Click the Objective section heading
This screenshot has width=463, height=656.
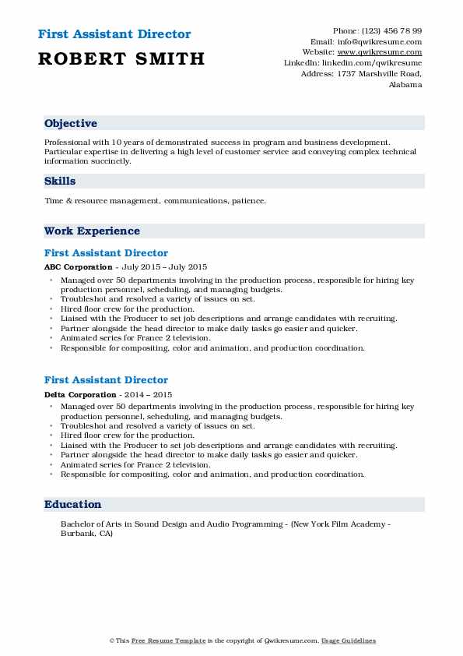(x=71, y=124)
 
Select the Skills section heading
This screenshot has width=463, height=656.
(x=60, y=182)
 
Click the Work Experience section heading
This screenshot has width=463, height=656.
(x=92, y=231)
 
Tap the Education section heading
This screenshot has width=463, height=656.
(x=72, y=505)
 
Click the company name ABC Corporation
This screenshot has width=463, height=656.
(x=78, y=267)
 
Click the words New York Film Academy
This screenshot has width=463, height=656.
(x=342, y=524)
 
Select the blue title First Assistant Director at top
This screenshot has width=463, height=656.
(x=114, y=34)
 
